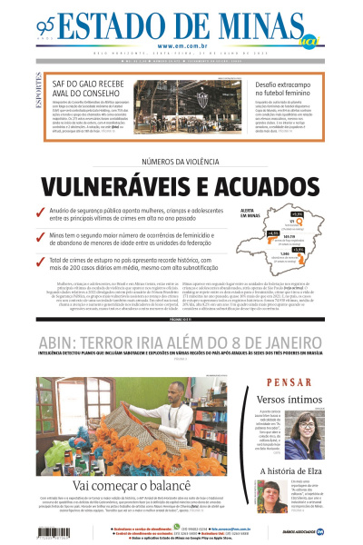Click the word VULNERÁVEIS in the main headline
(x=124, y=188)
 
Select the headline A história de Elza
(x=288, y=471)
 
